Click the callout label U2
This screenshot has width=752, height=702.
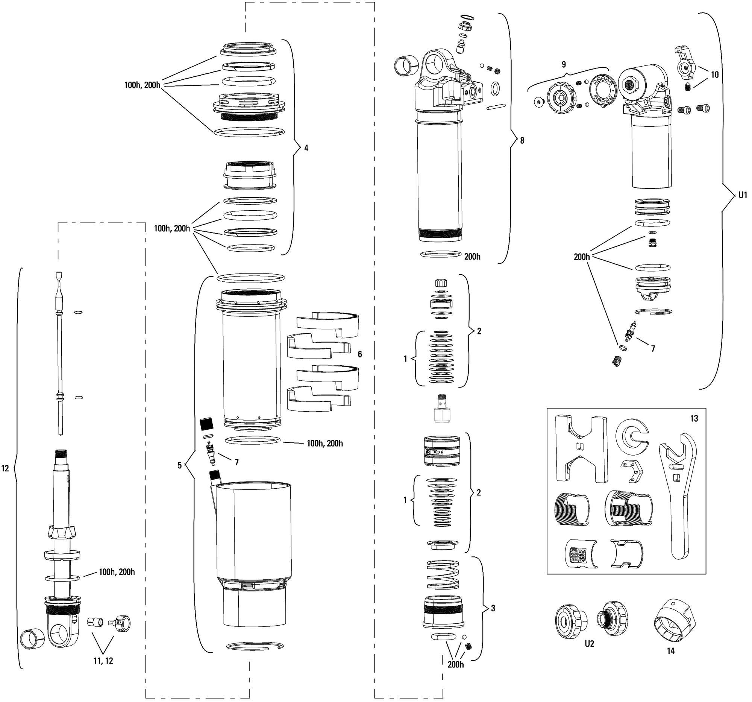(x=589, y=643)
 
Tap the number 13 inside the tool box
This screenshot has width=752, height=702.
(x=694, y=419)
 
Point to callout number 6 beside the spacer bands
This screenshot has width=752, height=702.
(x=360, y=354)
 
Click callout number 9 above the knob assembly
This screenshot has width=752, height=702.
(x=564, y=64)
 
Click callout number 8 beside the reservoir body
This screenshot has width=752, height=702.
(x=522, y=140)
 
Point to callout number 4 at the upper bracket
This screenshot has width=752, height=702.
(x=306, y=148)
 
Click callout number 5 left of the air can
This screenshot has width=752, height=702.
(x=180, y=465)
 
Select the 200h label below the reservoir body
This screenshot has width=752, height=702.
(x=473, y=257)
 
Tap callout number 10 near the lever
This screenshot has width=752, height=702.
(x=714, y=74)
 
